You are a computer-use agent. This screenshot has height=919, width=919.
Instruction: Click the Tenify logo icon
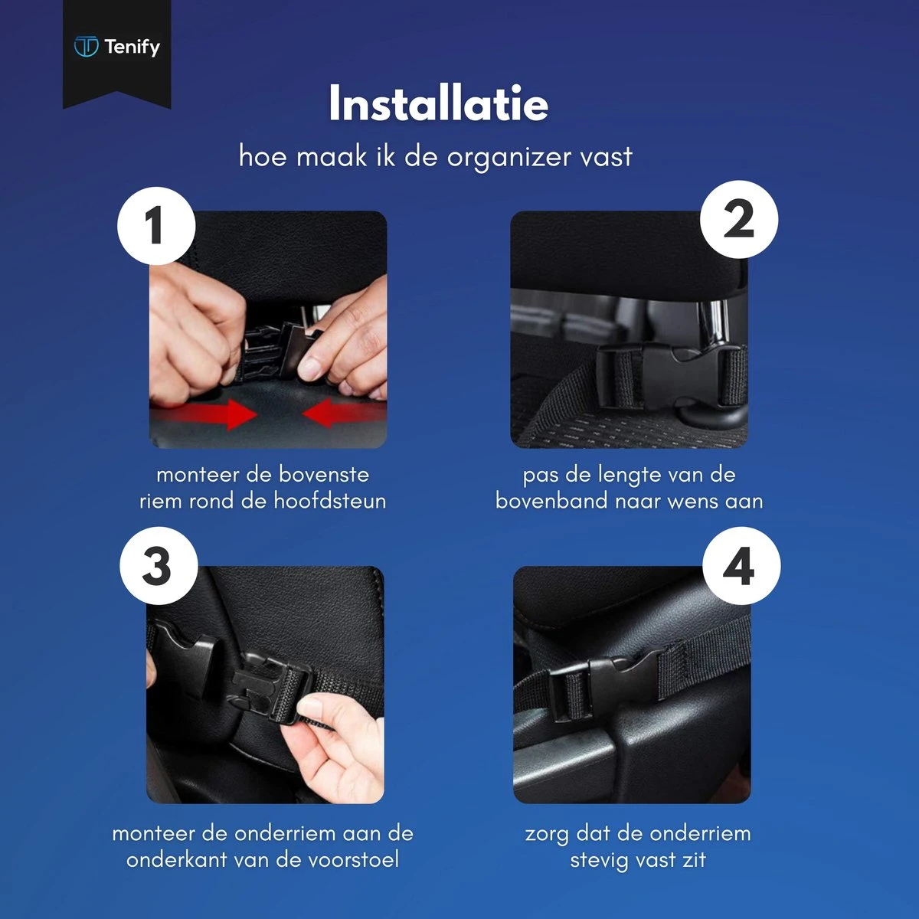coord(86,47)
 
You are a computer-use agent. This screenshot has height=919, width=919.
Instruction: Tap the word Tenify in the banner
coord(132,47)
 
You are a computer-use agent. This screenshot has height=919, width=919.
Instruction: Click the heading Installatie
coord(438,103)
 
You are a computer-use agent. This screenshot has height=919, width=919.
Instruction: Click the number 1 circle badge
coord(155,226)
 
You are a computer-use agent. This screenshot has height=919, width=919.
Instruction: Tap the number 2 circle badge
coord(739,220)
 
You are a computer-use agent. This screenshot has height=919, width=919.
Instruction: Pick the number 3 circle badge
coord(158,566)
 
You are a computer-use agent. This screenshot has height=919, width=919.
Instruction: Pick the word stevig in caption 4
coord(600,859)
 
